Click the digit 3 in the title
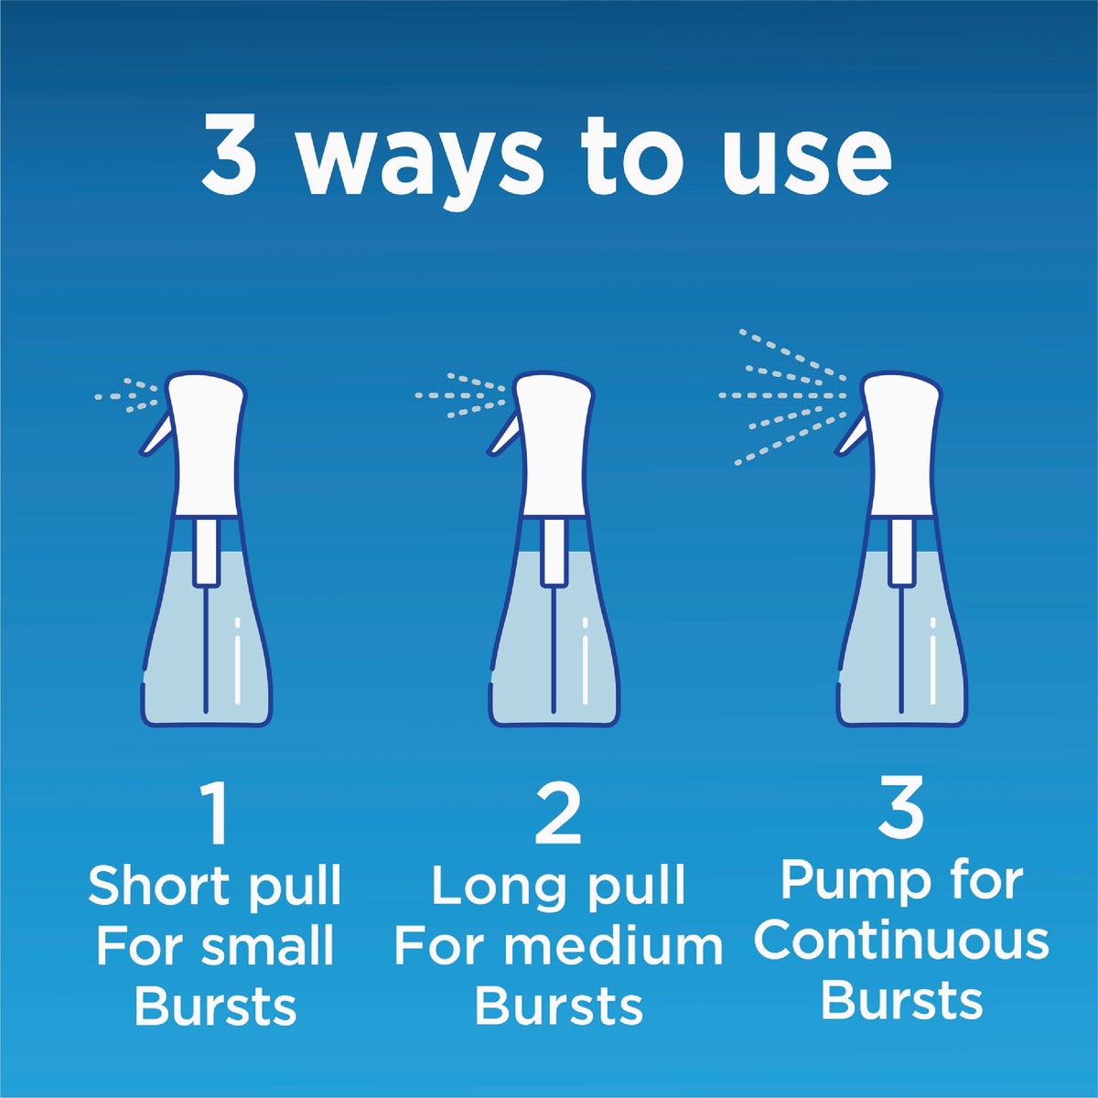point(229,156)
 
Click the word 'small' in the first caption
point(269,947)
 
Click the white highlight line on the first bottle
point(238,661)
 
